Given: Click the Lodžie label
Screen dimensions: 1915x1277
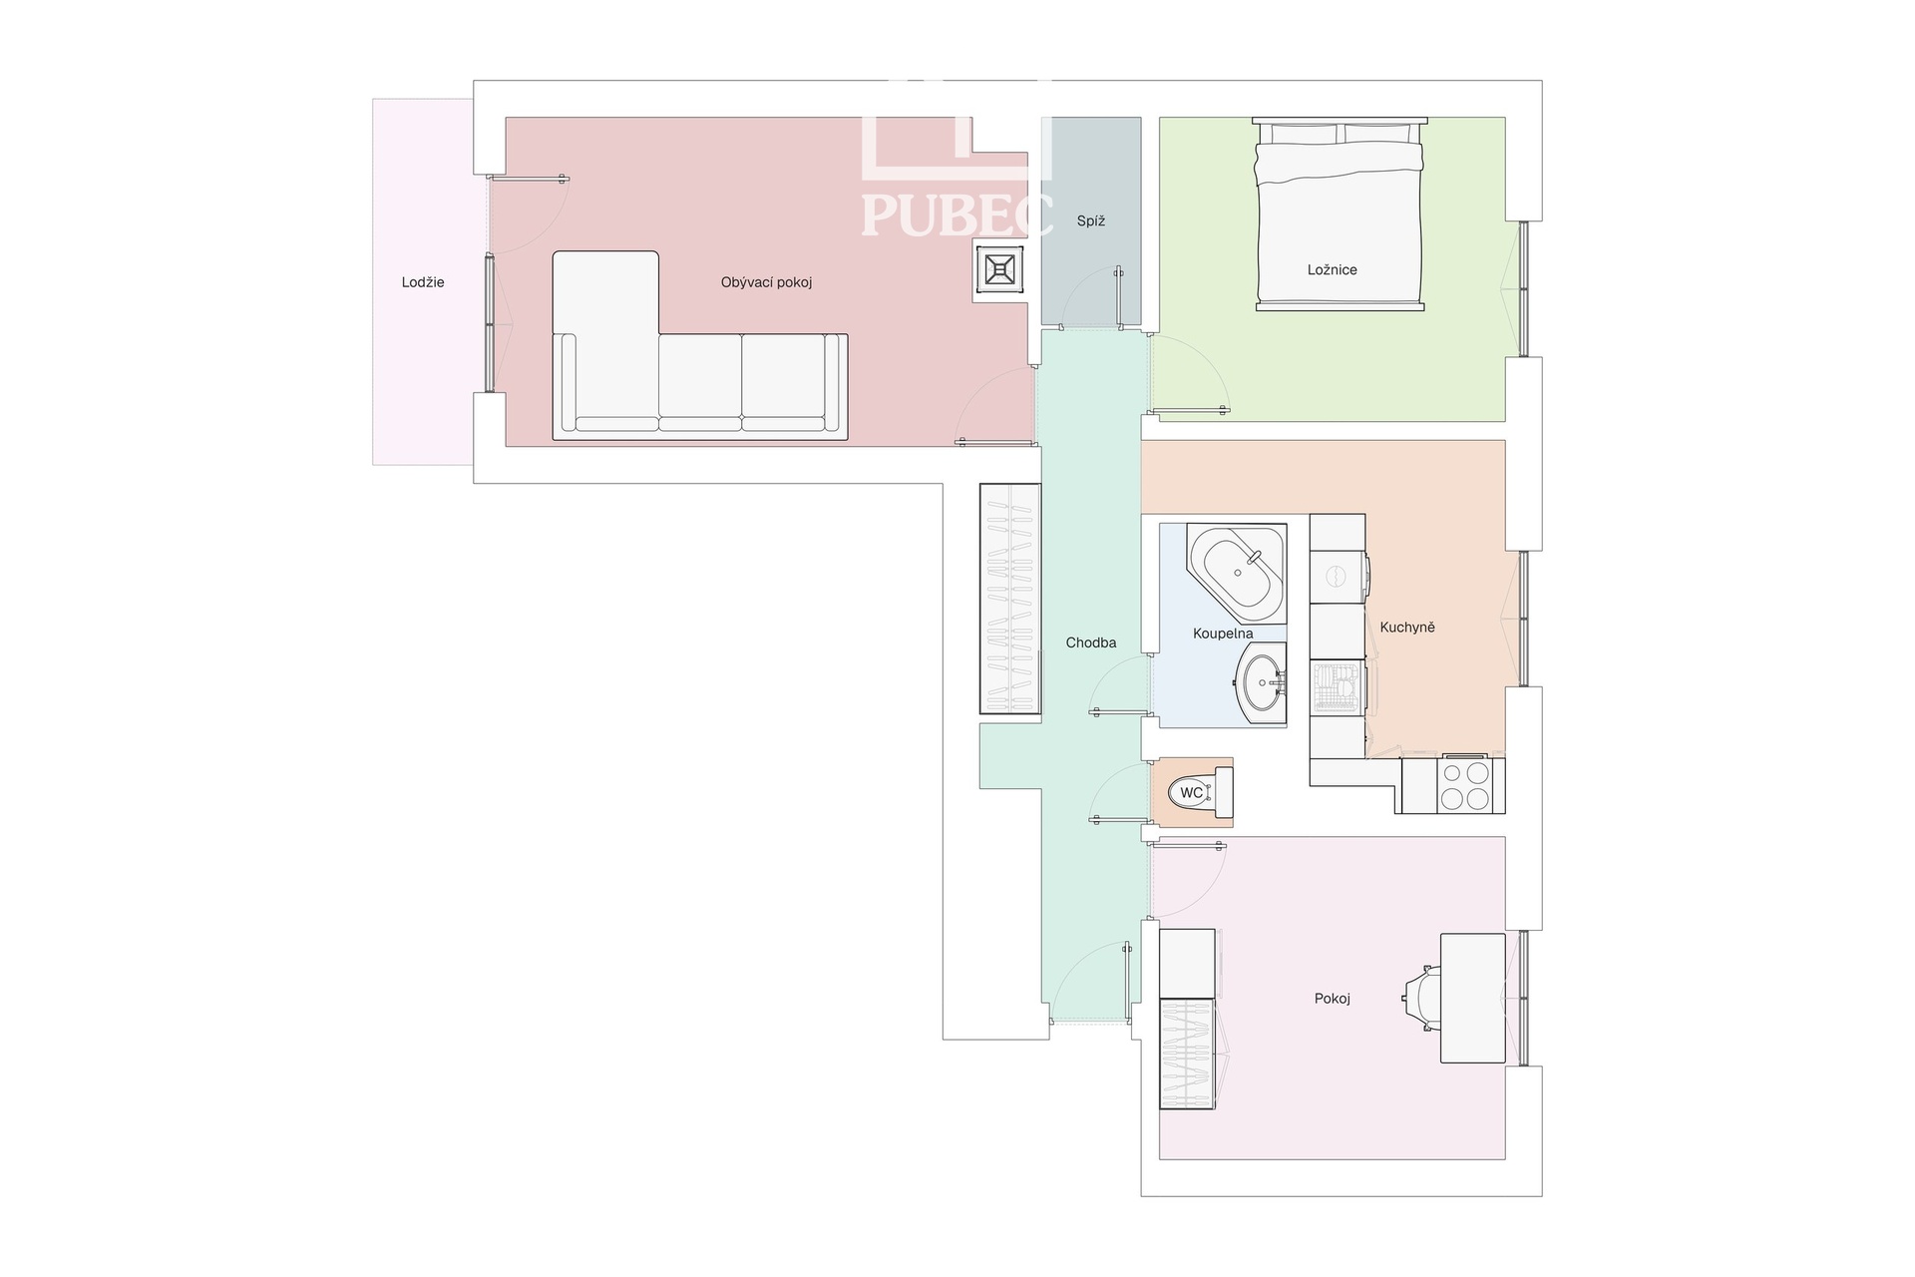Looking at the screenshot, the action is (423, 282).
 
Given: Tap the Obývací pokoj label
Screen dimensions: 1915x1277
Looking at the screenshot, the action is (766, 282).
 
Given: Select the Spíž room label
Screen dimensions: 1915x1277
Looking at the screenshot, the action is (1091, 221).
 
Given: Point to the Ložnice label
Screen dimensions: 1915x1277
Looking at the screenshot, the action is (1333, 269).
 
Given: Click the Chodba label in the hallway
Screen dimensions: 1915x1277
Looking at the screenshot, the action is (1091, 642).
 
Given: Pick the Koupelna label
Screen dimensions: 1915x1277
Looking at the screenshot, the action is (1223, 634).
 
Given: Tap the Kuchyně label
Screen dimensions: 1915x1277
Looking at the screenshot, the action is (1407, 628).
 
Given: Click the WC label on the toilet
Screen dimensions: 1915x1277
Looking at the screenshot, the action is (1191, 793).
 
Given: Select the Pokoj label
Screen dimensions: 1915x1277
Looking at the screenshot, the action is (1333, 999).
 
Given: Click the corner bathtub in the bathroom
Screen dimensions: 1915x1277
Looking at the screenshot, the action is (1237, 573).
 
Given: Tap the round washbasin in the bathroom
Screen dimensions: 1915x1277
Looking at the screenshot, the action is (1262, 683).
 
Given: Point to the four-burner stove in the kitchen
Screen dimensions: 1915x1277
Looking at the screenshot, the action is (1464, 785).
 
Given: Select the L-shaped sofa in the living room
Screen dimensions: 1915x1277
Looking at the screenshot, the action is (699, 345).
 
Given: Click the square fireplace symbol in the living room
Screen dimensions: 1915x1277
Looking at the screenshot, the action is (999, 269).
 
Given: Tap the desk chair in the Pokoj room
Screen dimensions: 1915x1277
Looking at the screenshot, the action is (1421, 999).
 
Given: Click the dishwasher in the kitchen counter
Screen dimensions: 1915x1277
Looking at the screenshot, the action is (1338, 688).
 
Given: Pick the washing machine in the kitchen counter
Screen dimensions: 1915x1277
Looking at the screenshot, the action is (1338, 576).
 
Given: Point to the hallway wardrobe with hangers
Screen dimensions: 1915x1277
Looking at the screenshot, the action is (1010, 599).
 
